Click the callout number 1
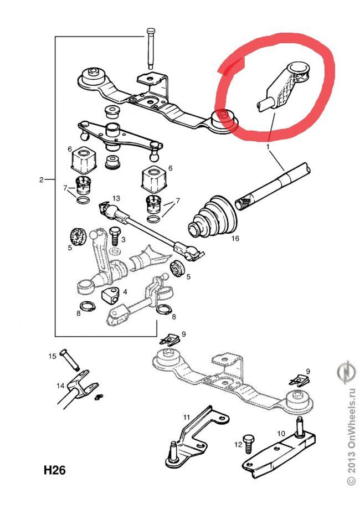coord(269,147)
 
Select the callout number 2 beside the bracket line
coord(42,179)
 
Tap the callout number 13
coord(116,198)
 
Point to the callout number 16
coord(235,239)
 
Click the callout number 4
coord(125,292)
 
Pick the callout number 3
coord(123,239)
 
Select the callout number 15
coord(53,357)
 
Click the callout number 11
coord(186,417)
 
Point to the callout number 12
coord(238,444)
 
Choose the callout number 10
coord(281,434)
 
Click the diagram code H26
coord(55,471)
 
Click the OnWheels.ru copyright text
coord(351,443)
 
